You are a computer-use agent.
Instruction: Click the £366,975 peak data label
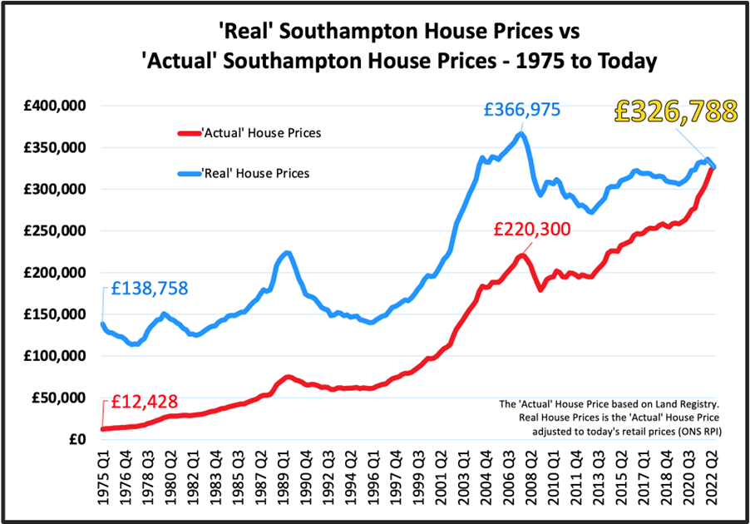(x=524, y=109)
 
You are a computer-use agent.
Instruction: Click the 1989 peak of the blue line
(x=286, y=252)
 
